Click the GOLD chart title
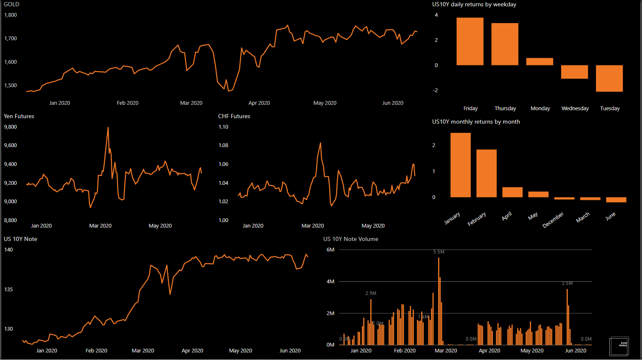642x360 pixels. (x=12, y=5)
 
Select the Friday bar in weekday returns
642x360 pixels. (x=470, y=41)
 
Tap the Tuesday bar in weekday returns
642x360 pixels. (x=609, y=78)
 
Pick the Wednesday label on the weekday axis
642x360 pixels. (x=575, y=109)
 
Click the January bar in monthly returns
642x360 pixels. (x=460, y=165)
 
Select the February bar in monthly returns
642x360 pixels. (x=486, y=174)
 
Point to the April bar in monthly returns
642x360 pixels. (x=512, y=192)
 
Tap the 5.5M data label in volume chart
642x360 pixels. (x=439, y=252)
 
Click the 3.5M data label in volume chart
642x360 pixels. (x=567, y=284)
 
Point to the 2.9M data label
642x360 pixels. (x=371, y=293)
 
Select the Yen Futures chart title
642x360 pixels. (x=19, y=117)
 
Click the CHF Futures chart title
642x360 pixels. (x=234, y=117)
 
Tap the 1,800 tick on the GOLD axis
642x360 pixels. (x=10, y=15)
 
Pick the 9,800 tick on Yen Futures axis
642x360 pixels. (x=10, y=127)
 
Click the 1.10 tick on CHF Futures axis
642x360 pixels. (x=223, y=127)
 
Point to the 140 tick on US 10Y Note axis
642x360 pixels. (x=8, y=250)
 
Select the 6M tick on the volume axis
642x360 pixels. (x=330, y=250)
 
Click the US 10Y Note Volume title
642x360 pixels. (x=351, y=239)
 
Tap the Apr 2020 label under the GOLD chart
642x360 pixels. (x=259, y=103)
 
